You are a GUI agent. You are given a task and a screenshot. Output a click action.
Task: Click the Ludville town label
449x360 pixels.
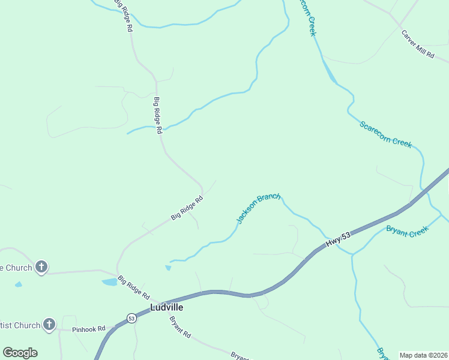click(x=166, y=307)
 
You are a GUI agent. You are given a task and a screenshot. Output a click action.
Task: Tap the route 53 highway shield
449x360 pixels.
click(x=131, y=318)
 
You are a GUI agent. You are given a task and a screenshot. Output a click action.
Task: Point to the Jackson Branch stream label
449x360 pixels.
click(x=258, y=209)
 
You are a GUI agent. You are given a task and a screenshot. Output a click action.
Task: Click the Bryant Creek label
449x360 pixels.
click(x=407, y=231)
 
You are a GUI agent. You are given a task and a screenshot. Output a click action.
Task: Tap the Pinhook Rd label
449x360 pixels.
click(x=88, y=329)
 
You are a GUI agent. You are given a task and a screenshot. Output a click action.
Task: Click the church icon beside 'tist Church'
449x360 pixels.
click(x=49, y=325)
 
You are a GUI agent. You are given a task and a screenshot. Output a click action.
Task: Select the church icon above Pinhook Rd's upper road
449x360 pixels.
click(x=41, y=267)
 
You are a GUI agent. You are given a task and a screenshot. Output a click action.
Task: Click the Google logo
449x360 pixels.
click(x=20, y=353)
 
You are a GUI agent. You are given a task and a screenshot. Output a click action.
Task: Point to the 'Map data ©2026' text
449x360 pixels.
click(x=423, y=355)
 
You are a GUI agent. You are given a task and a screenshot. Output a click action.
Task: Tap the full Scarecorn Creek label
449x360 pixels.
click(x=385, y=134)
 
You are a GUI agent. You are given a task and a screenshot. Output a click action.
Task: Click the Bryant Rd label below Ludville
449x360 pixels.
click(x=179, y=327)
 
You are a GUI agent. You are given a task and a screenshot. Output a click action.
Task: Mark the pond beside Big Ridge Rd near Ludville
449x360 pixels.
click(x=110, y=281)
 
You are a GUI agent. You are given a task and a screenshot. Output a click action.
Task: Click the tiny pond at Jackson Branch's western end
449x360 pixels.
click(x=168, y=268)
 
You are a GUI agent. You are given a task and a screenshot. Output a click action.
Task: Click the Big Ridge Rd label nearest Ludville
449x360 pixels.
click(x=133, y=287)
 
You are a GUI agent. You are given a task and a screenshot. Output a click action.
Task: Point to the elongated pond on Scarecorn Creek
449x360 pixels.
click(x=330, y=71)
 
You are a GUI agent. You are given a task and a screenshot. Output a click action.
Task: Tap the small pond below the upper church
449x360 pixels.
click(x=18, y=284)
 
